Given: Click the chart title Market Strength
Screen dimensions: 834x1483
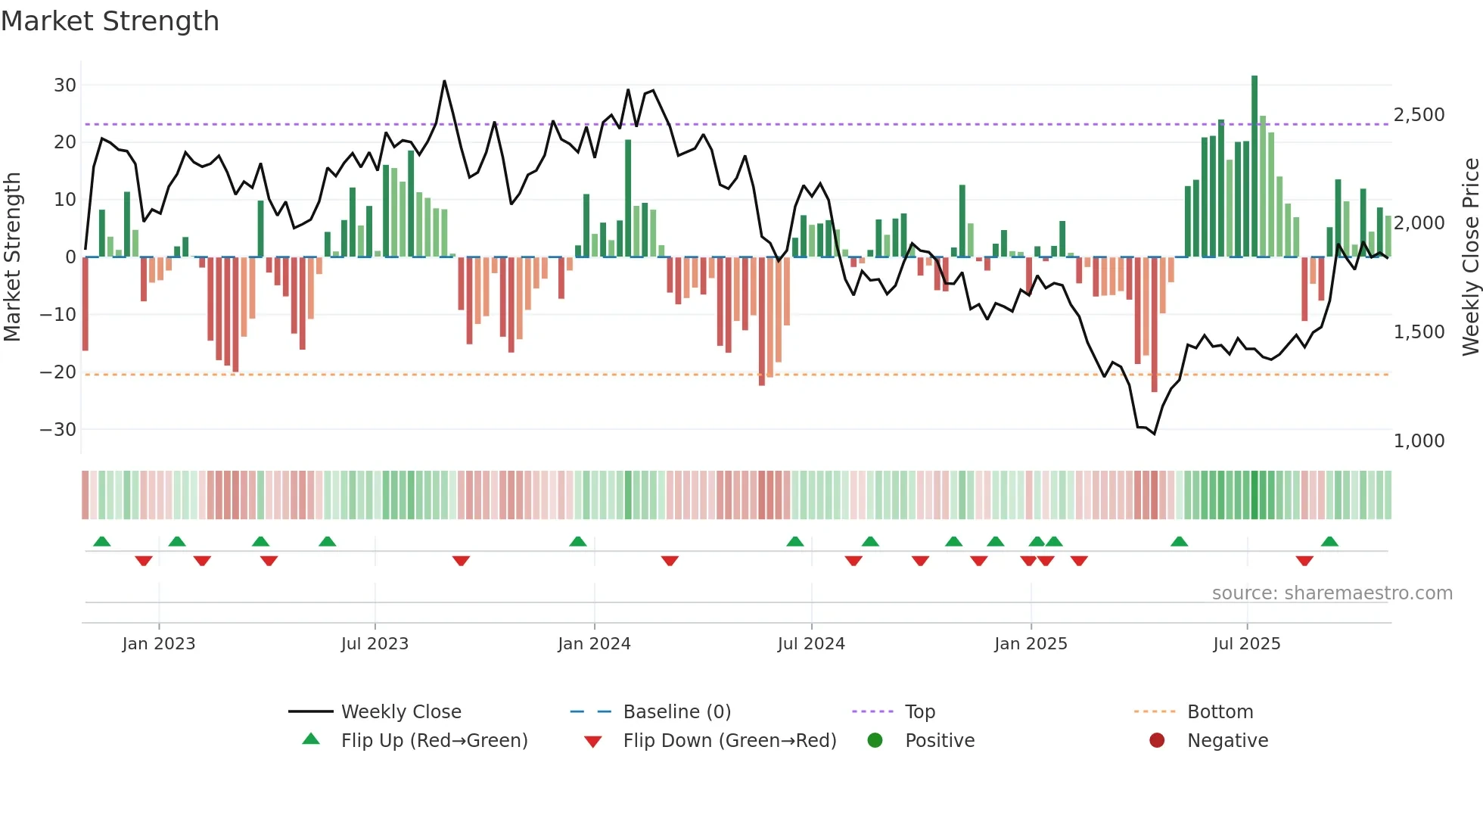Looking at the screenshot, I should pos(110,21).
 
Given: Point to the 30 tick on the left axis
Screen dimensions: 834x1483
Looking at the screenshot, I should pos(65,85).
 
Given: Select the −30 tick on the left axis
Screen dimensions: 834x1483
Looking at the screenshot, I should pos(58,429).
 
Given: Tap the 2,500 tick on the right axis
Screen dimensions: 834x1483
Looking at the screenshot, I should pos(1419,114).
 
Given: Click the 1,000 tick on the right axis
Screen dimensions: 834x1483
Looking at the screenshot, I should pos(1419,440).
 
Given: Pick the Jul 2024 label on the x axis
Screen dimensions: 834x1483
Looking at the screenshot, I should pos(810,643).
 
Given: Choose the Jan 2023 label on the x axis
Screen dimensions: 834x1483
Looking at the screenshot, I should pos(158,643).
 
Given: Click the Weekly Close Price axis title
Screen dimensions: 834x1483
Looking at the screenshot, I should pos(1470,257).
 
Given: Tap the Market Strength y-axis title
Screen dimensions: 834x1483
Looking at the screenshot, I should pos(12,257).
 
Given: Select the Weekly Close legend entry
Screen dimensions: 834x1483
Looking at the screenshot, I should pos(400,711).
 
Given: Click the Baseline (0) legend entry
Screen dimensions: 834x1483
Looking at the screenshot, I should pos(676,711).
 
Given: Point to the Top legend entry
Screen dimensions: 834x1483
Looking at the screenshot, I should pos(919,711).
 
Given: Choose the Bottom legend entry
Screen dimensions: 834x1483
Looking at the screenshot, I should pos(1220,711).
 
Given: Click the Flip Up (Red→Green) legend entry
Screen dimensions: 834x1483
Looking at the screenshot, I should pos(434,740).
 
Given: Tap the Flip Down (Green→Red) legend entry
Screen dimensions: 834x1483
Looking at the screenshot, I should pos(729,740).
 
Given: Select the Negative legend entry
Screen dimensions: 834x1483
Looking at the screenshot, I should pos(1227,740).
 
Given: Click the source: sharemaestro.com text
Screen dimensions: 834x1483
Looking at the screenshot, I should pos(1332,593).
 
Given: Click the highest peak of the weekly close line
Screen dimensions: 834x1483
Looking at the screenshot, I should pos(444,81).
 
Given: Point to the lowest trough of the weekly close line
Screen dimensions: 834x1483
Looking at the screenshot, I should pos(1155,434).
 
